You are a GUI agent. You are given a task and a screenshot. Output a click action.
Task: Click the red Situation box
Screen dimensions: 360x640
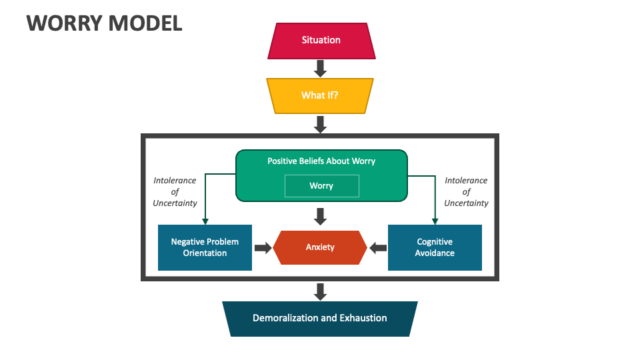click(321, 41)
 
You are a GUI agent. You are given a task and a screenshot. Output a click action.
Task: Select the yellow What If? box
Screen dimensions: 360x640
click(320, 95)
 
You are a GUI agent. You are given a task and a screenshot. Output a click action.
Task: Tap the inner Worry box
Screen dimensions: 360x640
click(321, 186)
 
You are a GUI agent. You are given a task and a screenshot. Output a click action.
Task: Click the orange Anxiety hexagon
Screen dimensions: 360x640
click(320, 247)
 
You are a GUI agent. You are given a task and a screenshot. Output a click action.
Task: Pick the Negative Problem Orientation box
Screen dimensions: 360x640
click(205, 247)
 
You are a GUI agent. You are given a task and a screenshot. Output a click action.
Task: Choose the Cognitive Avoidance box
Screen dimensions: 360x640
click(435, 247)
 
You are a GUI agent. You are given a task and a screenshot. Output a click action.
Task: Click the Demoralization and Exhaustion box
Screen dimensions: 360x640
click(320, 319)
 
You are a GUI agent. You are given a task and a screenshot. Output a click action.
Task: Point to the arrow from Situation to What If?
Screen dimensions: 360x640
click(320, 68)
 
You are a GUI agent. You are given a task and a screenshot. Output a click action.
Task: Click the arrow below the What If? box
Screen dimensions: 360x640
click(320, 124)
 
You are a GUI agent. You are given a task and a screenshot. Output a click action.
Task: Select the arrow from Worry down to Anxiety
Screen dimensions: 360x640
click(320, 215)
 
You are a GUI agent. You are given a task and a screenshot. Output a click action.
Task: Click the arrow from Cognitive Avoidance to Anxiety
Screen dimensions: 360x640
click(378, 248)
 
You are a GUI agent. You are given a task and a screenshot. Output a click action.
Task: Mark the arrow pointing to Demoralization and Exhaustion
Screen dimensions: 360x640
click(320, 291)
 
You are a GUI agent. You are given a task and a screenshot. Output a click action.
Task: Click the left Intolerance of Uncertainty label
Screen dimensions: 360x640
click(175, 192)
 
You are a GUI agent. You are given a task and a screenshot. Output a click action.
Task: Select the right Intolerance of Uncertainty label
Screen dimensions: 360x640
click(466, 192)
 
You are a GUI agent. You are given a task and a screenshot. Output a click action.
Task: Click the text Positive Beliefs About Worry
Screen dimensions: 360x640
click(321, 161)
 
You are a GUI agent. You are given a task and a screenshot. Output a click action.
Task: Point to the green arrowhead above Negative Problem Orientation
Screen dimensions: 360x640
click(205, 221)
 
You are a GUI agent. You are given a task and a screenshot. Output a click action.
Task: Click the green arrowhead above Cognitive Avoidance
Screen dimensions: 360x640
click(435, 221)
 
